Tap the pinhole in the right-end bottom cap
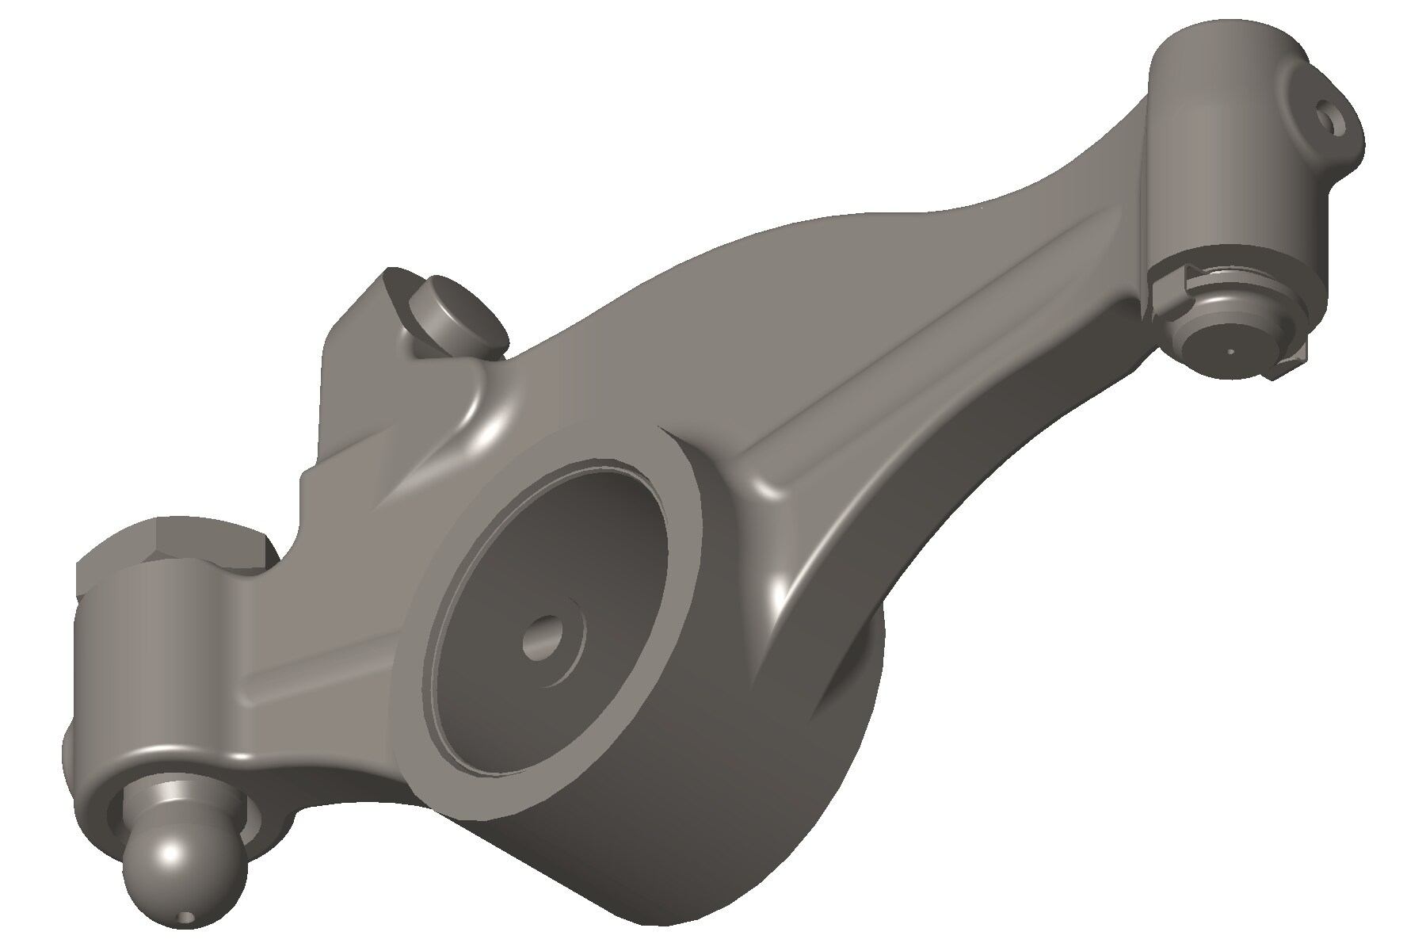tap(1230, 349)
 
